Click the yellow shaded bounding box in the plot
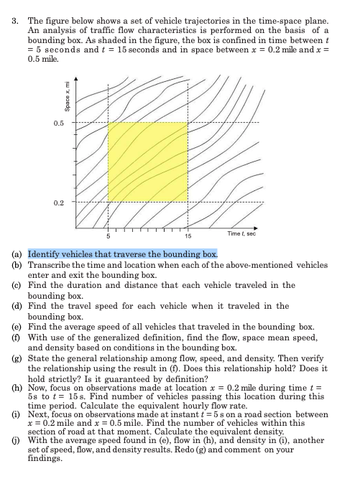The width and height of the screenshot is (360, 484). (x=147, y=163)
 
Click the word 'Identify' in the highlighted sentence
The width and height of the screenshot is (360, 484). (x=43, y=254)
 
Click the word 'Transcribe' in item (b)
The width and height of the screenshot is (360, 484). (x=49, y=264)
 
